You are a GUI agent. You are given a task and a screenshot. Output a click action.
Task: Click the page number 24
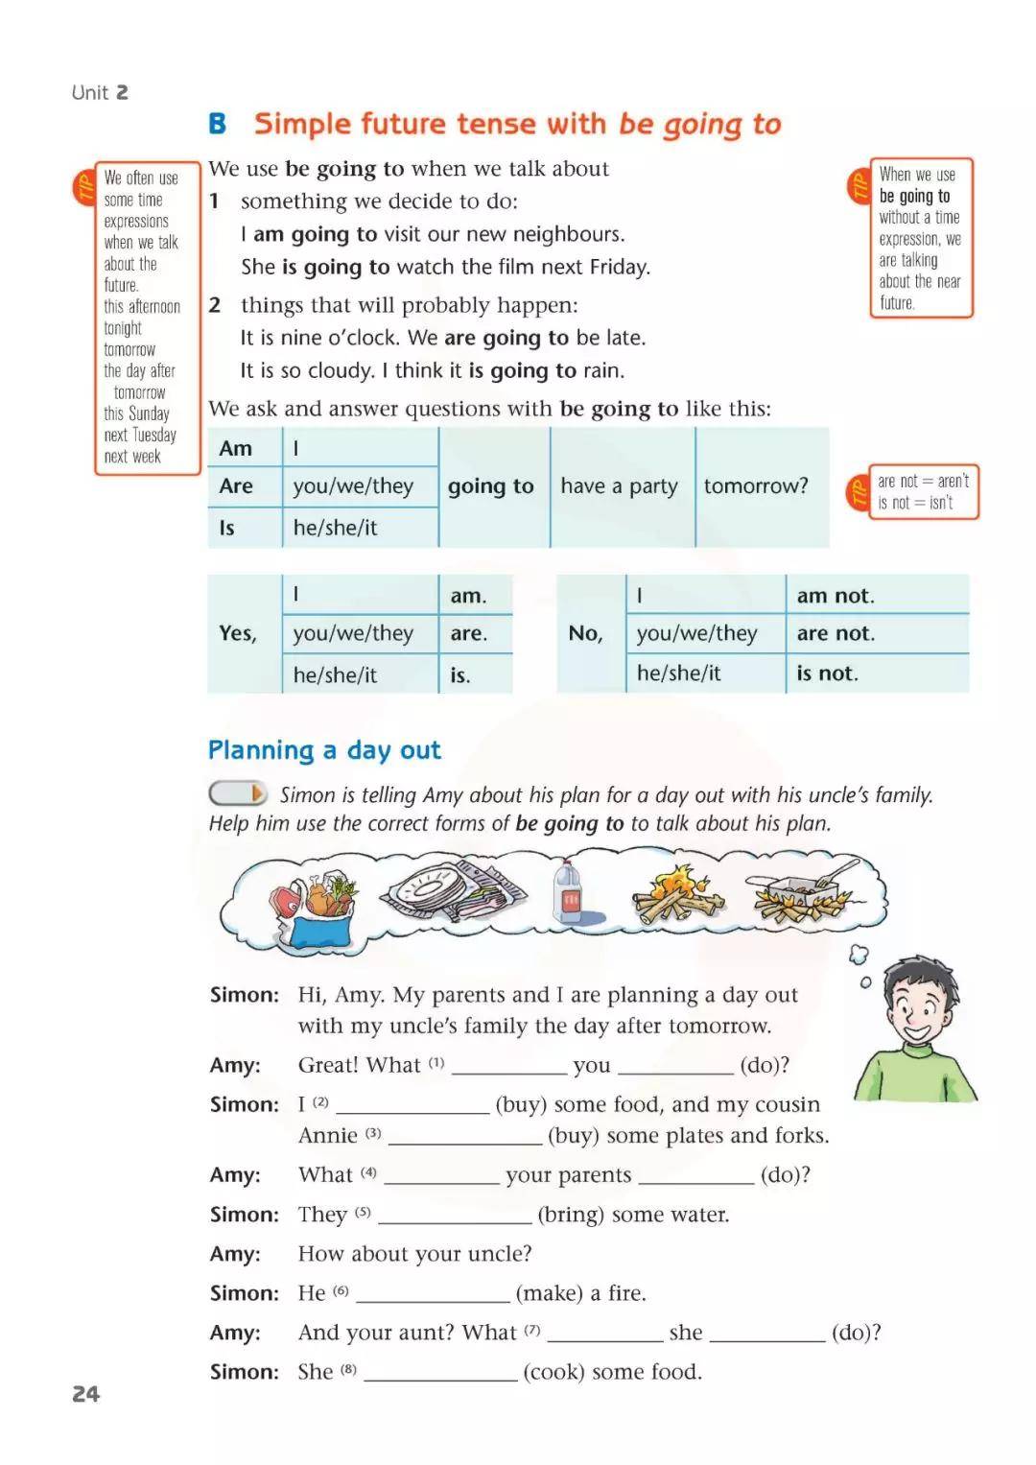tap(85, 1394)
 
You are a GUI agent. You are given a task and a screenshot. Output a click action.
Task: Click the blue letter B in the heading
tap(218, 124)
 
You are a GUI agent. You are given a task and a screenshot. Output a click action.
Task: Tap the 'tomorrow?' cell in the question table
tap(756, 486)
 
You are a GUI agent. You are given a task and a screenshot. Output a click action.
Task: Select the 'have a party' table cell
tap(619, 486)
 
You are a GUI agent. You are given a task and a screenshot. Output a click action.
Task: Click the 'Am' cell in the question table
tap(236, 448)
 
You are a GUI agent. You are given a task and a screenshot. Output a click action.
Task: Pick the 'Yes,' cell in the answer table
tap(237, 633)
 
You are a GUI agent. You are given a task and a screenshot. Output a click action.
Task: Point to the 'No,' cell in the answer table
tap(585, 633)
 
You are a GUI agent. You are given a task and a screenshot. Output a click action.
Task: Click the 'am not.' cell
tap(836, 596)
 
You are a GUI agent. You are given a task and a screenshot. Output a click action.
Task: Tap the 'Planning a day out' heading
tap(324, 750)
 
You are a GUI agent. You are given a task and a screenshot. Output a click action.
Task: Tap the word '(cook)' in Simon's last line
tap(553, 1372)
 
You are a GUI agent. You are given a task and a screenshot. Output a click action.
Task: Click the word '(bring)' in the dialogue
tap(571, 1215)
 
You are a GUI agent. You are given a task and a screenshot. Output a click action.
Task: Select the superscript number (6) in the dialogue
tap(341, 1290)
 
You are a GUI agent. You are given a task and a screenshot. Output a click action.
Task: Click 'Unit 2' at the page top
tap(100, 93)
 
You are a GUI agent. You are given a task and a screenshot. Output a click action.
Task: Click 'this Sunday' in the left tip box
tap(136, 414)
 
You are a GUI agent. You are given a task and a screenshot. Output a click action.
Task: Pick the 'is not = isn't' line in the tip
tap(915, 503)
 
